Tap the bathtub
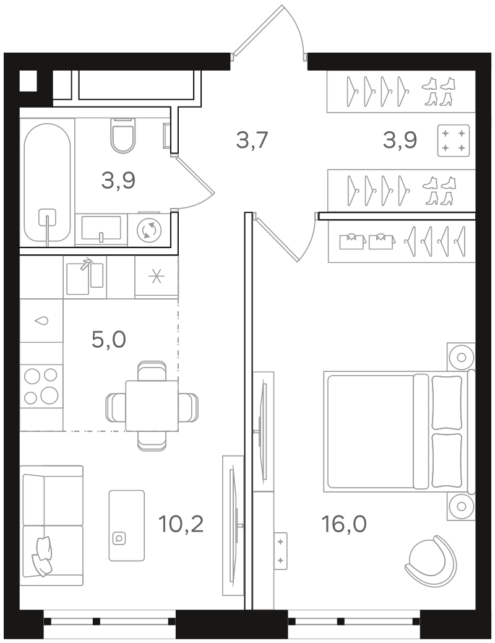47,183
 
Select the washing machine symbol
149,230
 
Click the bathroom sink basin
101,228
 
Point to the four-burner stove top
41,386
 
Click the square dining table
152,405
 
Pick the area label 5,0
109,340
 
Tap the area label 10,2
181,524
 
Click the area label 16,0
344,524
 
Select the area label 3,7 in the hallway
252,140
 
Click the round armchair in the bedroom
431,557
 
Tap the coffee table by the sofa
127,525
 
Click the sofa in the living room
52,525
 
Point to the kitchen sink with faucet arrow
85,277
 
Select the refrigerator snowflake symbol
157,277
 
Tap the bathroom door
193,182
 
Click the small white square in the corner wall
28,81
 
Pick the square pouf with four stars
453,140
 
